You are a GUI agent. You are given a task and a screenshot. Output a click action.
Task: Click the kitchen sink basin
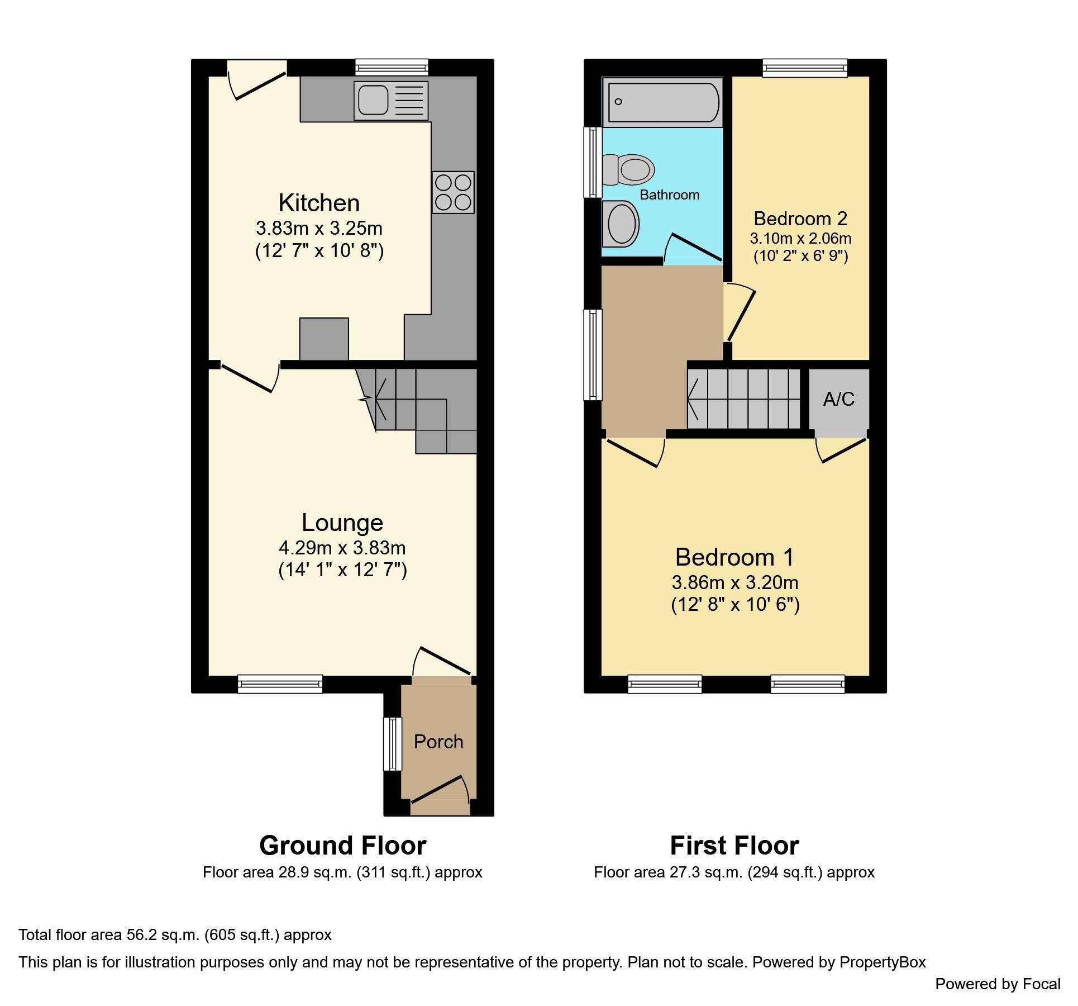pyautogui.click(x=373, y=100)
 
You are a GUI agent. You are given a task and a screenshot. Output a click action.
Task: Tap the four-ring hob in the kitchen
pyautogui.click(x=453, y=192)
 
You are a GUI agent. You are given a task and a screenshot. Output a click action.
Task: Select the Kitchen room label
pyautogui.click(x=319, y=203)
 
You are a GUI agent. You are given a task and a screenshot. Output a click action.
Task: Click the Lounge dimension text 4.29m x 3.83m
pyautogui.click(x=342, y=548)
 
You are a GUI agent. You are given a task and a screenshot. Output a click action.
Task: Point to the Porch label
pyautogui.click(x=438, y=742)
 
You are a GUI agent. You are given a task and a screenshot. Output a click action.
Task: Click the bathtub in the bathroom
pyautogui.click(x=663, y=102)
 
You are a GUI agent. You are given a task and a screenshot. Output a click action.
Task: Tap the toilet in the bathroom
pyautogui.click(x=629, y=169)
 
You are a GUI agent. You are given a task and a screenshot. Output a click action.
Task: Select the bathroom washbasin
pyautogui.click(x=621, y=223)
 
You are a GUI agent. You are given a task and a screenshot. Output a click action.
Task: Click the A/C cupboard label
pyautogui.click(x=838, y=399)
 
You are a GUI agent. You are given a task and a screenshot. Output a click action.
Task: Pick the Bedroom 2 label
pyautogui.click(x=800, y=218)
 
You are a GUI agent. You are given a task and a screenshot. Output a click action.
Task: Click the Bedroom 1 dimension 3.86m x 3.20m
pyautogui.click(x=734, y=582)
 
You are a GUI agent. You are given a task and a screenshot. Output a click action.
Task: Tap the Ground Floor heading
pyautogui.click(x=342, y=846)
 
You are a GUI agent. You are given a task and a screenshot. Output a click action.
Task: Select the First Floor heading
pyautogui.click(x=734, y=846)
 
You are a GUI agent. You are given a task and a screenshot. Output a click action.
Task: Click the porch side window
pyautogui.click(x=392, y=744)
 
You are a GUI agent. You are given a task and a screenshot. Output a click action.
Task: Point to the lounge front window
pyautogui.click(x=280, y=684)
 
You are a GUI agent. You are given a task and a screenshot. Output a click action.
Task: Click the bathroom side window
pyautogui.click(x=592, y=162)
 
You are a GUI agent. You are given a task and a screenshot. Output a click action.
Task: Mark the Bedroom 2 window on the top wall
pyautogui.click(x=805, y=68)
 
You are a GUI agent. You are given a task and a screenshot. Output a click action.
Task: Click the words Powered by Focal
pyautogui.click(x=998, y=984)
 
